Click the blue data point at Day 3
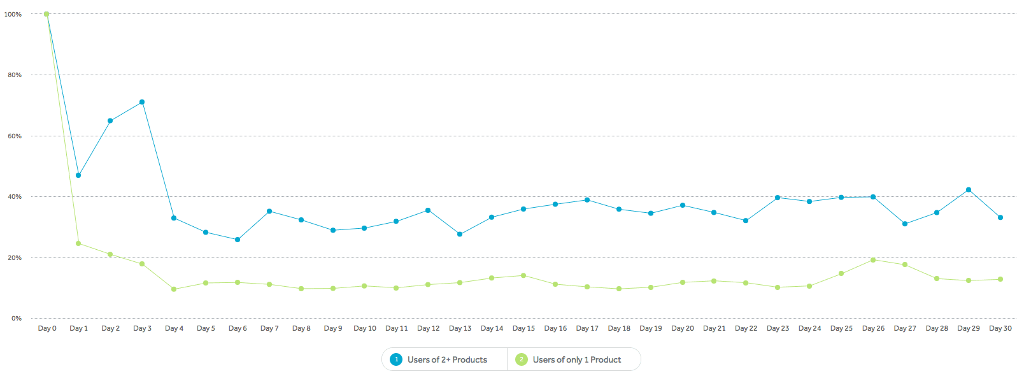click(142, 102)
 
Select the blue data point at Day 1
click(78, 175)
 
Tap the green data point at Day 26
click(873, 260)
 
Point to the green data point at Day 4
click(174, 289)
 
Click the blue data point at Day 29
click(969, 190)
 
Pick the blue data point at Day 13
click(460, 235)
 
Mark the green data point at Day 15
click(523, 276)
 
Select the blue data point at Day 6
click(238, 240)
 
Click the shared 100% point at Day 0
click(46, 14)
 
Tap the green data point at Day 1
click(78, 243)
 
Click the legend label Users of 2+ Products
click(447, 360)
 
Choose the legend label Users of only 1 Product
click(576, 360)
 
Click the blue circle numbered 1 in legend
click(396, 359)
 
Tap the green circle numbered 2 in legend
click(522, 359)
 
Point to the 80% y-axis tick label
click(15, 75)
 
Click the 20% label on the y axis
click(15, 258)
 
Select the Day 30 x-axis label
click(1000, 329)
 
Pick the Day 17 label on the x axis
click(587, 329)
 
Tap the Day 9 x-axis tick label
click(333, 329)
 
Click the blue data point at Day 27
click(905, 224)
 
